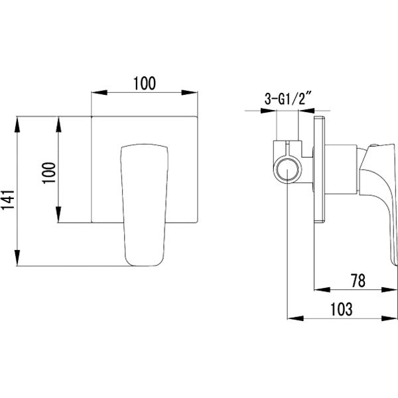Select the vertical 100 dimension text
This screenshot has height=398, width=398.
pyautogui.click(x=49, y=173)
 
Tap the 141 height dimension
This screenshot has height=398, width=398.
pyautogui.click(x=7, y=200)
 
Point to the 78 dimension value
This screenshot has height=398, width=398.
pyautogui.click(x=358, y=281)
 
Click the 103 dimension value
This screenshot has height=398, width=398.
pyautogui.click(x=341, y=309)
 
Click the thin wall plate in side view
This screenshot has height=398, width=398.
pyautogui.click(x=319, y=169)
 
